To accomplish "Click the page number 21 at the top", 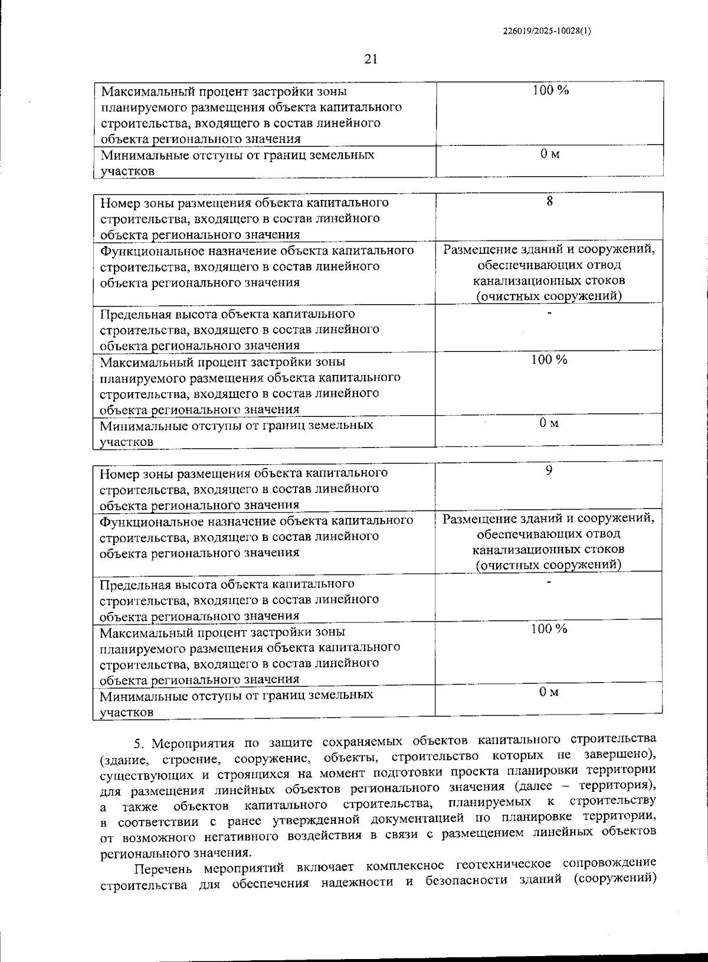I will (x=371, y=58).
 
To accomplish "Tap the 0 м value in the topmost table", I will (x=549, y=154).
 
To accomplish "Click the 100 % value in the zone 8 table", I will (x=549, y=360).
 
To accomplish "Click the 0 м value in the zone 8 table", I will (x=549, y=424).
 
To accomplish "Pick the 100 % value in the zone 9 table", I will (x=549, y=629).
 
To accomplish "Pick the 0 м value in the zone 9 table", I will (x=549, y=692).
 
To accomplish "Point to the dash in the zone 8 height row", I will (x=549, y=314).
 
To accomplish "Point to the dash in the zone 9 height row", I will (x=549, y=583).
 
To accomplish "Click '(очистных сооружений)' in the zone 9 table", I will (x=549, y=565).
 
